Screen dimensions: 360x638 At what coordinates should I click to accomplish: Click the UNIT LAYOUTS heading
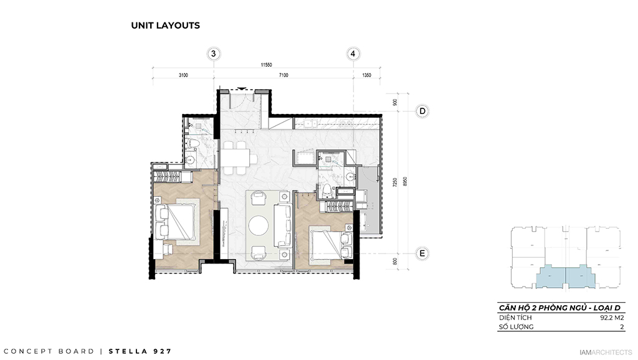tap(165, 26)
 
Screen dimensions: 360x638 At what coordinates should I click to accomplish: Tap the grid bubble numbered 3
tap(214, 54)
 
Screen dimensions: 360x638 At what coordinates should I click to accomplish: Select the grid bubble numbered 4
tap(353, 54)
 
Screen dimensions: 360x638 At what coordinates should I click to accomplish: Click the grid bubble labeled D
tap(422, 111)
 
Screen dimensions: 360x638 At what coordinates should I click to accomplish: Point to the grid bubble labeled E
tap(422, 253)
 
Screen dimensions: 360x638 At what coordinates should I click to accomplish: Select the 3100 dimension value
tap(183, 75)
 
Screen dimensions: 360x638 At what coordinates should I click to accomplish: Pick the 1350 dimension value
tap(366, 75)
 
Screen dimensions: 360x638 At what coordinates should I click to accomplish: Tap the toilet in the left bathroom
tap(194, 147)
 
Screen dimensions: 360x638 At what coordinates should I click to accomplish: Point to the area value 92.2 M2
tap(611, 317)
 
